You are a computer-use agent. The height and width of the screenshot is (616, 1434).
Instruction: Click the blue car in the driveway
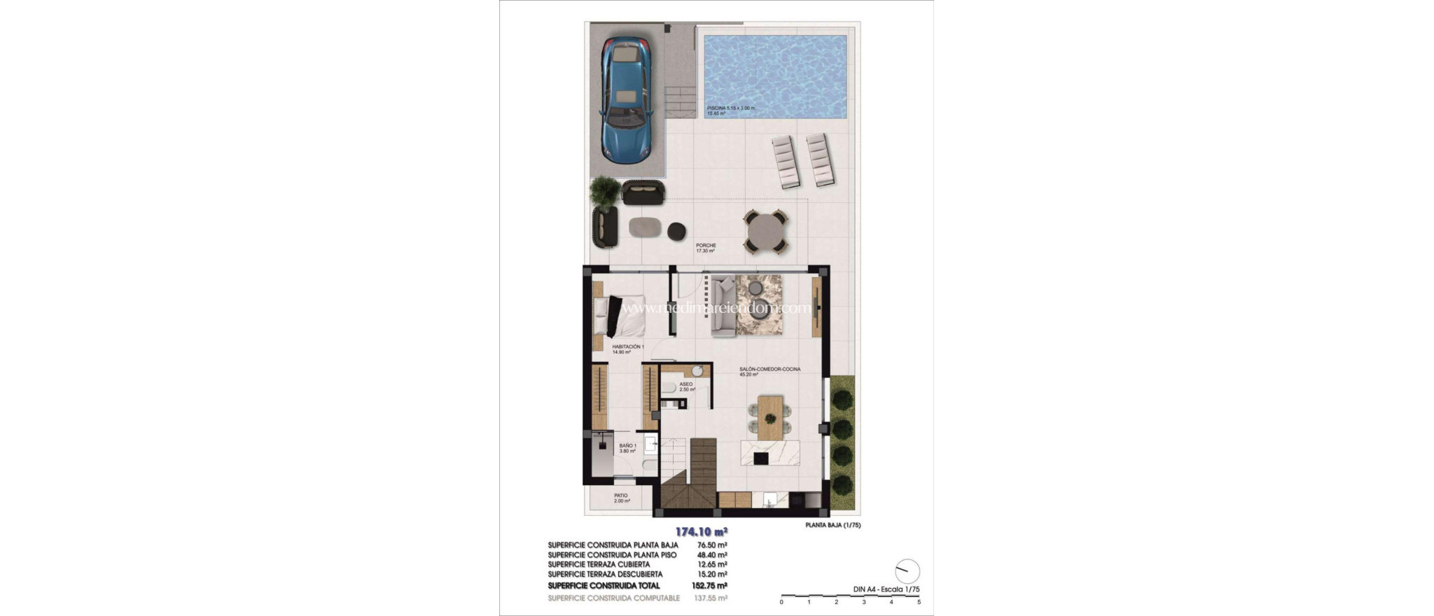627,99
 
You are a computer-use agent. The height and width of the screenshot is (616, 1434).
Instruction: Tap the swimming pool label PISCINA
721,108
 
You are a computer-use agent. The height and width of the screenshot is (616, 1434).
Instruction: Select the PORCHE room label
706,246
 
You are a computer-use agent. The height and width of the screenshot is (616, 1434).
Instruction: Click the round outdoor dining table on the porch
765,232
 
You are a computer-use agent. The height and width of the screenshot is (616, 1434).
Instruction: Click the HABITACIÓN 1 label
627,346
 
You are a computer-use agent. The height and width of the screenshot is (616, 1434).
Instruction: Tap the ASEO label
685,384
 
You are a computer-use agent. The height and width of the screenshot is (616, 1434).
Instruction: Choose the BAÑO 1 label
627,446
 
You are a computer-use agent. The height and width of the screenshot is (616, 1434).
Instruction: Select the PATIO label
621,496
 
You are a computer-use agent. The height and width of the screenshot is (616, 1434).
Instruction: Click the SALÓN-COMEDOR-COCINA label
770,369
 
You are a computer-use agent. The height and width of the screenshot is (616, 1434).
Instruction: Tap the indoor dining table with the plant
770,418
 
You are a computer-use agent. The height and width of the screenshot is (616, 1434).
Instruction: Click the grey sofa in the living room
723,307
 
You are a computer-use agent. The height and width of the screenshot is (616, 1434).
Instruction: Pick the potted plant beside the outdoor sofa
605,190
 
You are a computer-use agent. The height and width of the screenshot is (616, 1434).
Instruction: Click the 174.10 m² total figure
701,531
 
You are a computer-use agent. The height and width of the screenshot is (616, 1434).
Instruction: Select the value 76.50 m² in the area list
712,545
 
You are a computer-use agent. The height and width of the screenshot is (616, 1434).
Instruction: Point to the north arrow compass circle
907,571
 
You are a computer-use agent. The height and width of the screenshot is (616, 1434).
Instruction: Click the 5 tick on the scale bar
919,602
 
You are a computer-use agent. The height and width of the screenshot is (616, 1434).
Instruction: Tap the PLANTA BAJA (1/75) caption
833,525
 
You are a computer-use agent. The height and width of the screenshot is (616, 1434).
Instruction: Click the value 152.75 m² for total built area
711,586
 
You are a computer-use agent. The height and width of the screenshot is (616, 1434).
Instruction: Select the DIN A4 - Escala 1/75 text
886,589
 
